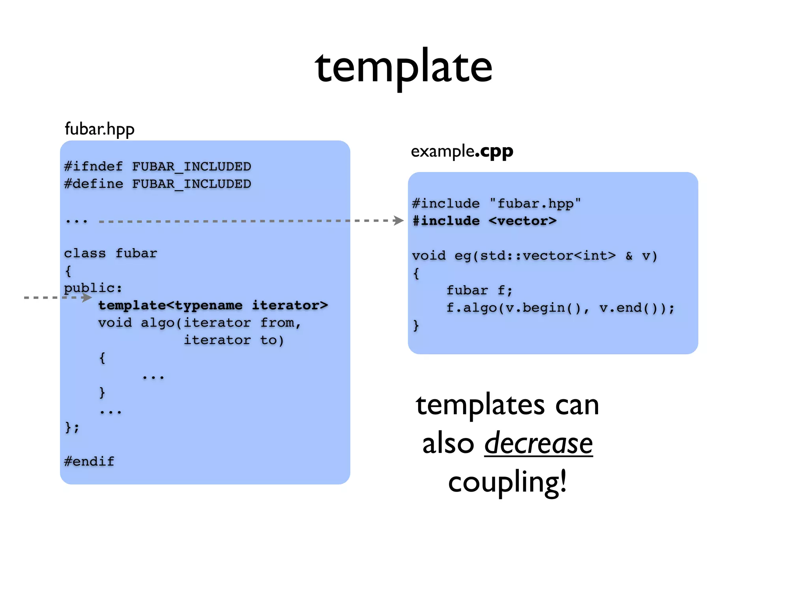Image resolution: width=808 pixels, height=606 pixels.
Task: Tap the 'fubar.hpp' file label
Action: click(99, 129)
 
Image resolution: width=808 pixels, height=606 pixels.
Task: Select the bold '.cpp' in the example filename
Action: click(494, 151)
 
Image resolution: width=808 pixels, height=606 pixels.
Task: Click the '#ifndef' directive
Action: click(94, 166)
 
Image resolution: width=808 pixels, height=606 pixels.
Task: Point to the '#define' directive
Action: click(94, 184)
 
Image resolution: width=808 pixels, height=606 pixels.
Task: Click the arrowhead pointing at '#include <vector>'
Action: click(398, 220)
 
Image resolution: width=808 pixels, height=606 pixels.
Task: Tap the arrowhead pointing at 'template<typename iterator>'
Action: click(87, 297)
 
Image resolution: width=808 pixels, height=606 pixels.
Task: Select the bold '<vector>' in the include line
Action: click(522, 221)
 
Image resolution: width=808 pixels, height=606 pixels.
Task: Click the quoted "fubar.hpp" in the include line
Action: click(535, 204)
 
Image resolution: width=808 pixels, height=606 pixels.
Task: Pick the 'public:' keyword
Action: click(93, 288)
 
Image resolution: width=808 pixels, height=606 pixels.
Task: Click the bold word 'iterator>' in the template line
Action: click(290, 305)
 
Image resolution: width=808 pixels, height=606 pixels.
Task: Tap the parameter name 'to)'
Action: click(272, 340)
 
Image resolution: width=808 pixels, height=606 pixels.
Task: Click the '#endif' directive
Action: click(89, 461)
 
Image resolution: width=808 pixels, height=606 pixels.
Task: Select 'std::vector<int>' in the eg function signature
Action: click(548, 256)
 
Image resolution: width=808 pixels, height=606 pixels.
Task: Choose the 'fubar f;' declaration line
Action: click(479, 290)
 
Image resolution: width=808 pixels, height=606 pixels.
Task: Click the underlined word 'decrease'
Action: click(538, 443)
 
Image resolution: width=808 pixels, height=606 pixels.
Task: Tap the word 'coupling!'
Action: click(507, 482)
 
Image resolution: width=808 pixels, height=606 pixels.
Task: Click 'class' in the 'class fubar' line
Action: click(85, 253)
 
